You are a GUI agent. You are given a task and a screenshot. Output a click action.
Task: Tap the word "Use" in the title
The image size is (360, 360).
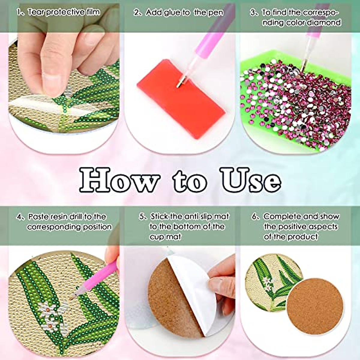click(x=250, y=180)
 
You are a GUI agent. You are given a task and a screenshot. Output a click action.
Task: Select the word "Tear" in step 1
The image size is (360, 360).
click(x=37, y=12)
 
